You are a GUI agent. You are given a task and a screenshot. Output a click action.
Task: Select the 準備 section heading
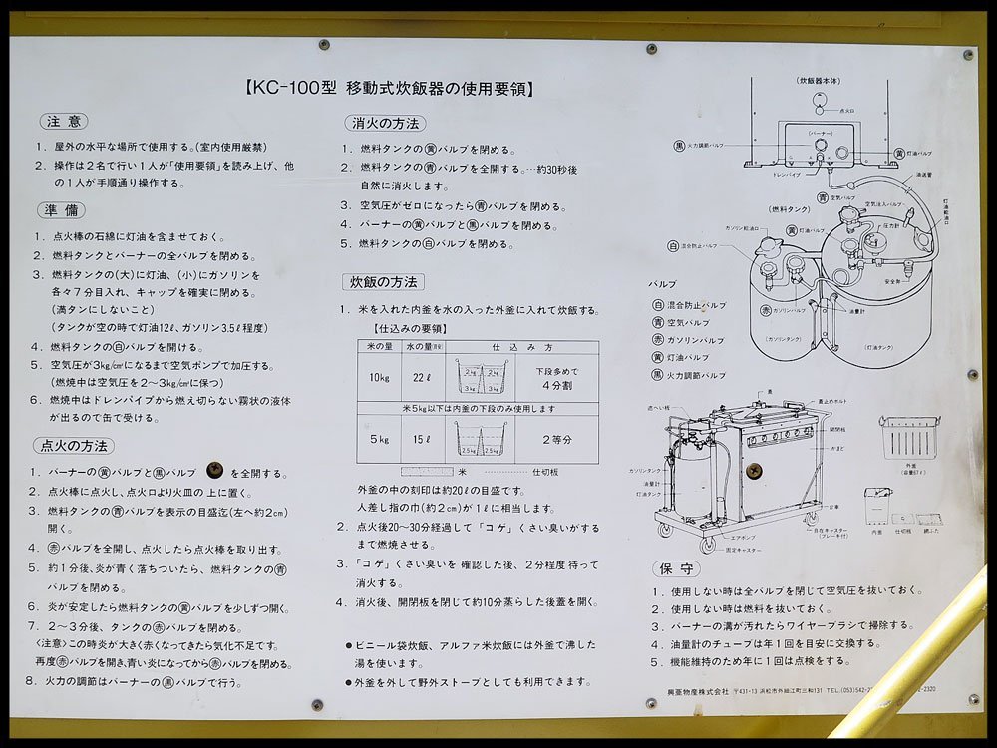click(x=61, y=210)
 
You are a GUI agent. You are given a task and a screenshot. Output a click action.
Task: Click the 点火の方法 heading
click(x=74, y=446)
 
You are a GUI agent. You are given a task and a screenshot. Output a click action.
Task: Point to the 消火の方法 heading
click(x=384, y=124)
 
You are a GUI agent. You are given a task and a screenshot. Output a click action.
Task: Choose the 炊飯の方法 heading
click(x=383, y=282)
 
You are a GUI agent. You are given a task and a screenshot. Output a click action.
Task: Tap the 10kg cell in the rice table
click(x=379, y=377)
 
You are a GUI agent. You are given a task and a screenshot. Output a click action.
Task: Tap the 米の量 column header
click(x=379, y=346)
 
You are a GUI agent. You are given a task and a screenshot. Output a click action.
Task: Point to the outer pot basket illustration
click(x=909, y=438)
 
